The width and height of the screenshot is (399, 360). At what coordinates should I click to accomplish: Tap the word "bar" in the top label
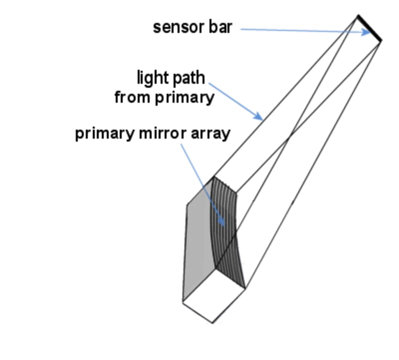click(x=219, y=27)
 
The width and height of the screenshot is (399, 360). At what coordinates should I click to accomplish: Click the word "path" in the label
click(x=189, y=79)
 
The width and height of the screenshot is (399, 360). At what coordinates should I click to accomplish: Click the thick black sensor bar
click(x=370, y=29)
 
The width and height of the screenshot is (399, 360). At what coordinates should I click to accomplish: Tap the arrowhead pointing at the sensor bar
click(x=370, y=33)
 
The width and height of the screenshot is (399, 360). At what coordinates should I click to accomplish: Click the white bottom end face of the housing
click(x=214, y=297)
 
